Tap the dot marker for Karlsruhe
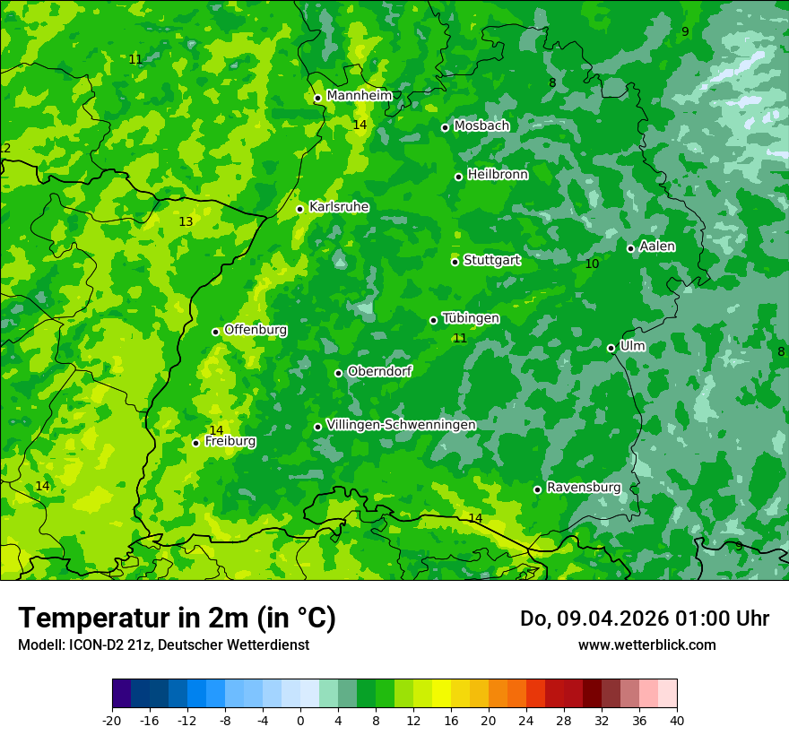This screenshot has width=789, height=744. (300, 209)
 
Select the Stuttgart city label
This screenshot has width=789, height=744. (491, 260)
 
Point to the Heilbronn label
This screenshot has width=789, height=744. (498, 175)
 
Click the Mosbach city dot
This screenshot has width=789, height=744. (445, 127)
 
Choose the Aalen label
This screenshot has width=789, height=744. (657, 247)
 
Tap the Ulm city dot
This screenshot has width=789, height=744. (611, 348)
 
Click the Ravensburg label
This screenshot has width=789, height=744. (584, 488)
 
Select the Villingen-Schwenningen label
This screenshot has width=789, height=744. (401, 425)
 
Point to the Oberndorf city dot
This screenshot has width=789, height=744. (338, 373)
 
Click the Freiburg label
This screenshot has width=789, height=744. (230, 441)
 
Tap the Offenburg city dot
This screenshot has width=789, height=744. (215, 332)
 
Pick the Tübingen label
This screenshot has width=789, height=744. (471, 318)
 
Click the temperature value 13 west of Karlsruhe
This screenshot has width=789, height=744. (186, 221)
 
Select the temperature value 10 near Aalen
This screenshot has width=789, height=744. (592, 264)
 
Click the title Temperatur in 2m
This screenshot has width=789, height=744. (177, 618)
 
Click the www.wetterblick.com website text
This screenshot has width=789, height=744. (646, 645)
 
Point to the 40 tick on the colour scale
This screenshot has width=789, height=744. (677, 720)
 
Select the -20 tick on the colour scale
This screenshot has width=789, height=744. (112, 720)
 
